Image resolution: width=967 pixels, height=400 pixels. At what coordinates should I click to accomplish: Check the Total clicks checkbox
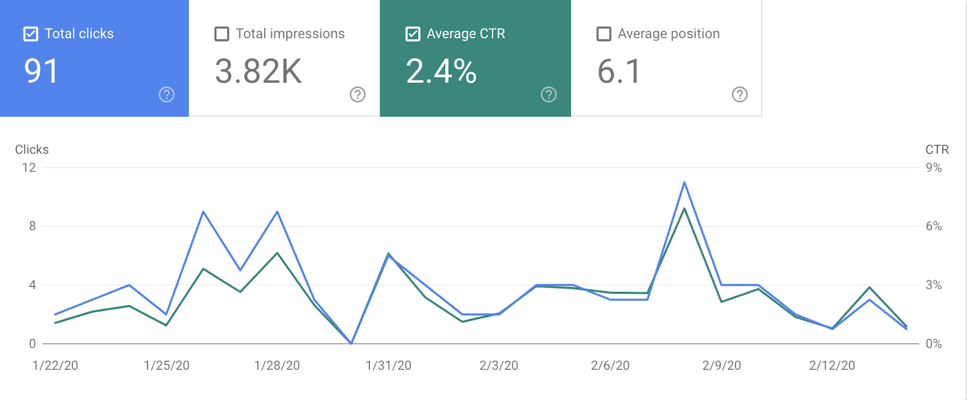[31, 34]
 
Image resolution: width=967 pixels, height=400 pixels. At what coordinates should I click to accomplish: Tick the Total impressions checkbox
[222, 34]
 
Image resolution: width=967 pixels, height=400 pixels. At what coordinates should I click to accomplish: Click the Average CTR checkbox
[413, 34]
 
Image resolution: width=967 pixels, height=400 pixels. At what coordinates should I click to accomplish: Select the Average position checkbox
[604, 34]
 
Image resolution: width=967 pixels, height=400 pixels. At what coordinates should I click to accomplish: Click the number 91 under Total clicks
[41, 71]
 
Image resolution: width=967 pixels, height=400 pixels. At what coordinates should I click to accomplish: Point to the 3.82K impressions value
[258, 71]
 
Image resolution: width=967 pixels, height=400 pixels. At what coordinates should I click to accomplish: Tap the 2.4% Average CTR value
[441, 71]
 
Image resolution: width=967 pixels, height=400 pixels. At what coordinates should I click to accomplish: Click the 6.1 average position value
[619, 71]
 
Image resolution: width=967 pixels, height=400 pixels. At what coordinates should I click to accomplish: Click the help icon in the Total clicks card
[167, 94]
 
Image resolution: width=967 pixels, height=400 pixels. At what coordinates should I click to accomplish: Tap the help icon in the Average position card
[740, 94]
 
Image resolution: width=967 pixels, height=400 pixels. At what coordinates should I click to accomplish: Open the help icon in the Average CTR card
[549, 94]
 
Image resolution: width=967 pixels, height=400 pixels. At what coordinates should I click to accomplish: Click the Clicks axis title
[32, 149]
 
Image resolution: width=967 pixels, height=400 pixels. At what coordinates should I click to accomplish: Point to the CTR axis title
[937, 149]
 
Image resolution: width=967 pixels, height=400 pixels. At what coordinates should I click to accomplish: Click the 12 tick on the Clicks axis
[29, 167]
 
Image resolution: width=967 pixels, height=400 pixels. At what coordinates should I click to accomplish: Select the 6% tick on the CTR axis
[934, 226]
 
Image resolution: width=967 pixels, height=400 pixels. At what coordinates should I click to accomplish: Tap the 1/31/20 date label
[389, 366]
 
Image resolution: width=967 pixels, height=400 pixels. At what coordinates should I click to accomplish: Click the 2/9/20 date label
[722, 366]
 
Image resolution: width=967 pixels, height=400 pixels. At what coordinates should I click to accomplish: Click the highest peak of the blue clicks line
[684, 182]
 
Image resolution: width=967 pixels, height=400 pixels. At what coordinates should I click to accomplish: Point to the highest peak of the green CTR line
[684, 208]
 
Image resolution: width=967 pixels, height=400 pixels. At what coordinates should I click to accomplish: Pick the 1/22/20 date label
[55, 366]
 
